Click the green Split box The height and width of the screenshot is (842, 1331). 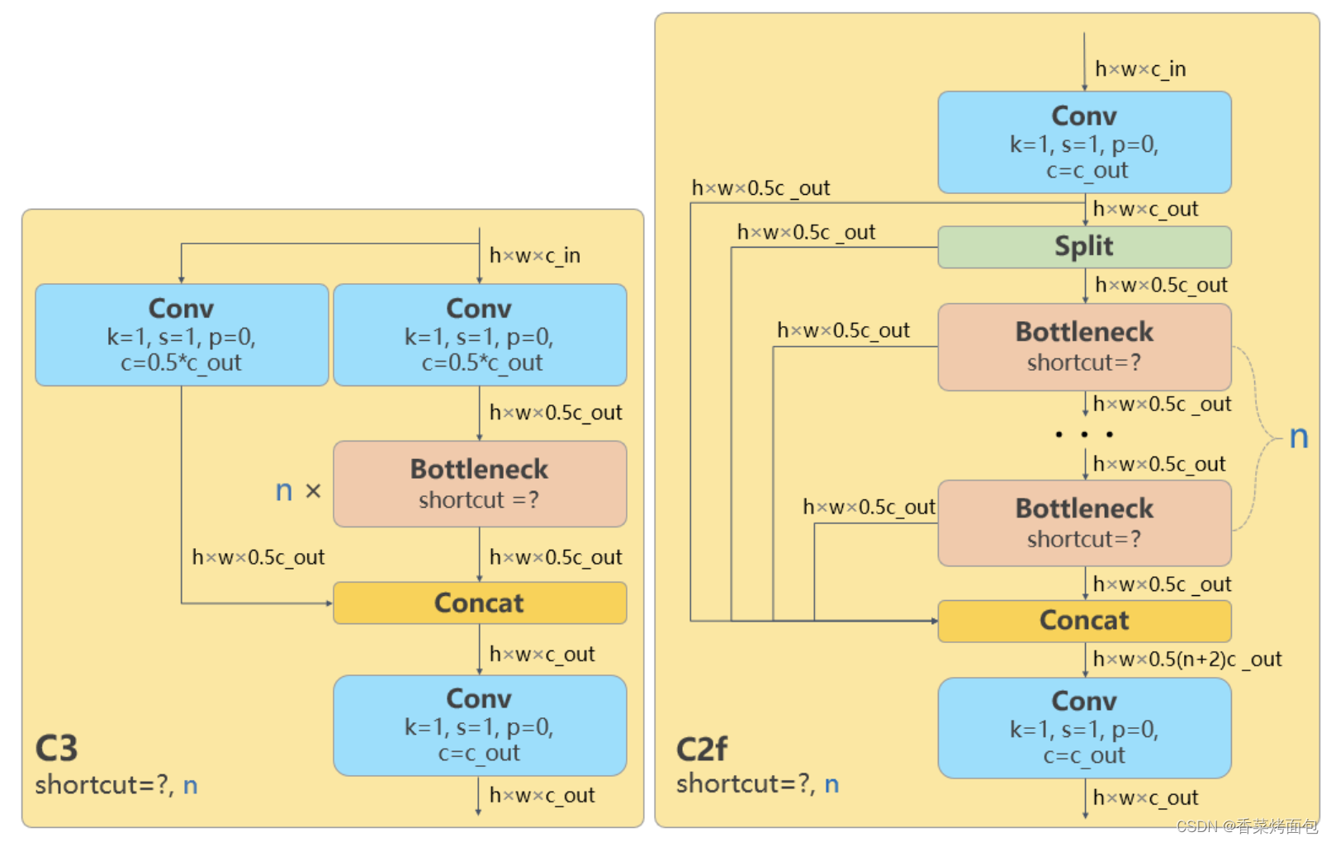[x=1084, y=247]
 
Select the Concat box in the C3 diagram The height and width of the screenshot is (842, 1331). [x=479, y=603]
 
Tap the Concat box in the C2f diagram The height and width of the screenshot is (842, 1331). [x=1084, y=621]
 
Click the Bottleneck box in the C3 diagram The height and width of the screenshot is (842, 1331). [x=479, y=484]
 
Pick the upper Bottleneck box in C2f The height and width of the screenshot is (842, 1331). [x=1084, y=347]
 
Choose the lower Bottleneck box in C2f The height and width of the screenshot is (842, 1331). [x=1084, y=523]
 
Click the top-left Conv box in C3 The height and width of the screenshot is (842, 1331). [x=182, y=334]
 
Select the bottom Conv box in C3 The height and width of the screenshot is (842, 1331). [x=479, y=726]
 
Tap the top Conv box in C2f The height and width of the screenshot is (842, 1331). [x=1084, y=142]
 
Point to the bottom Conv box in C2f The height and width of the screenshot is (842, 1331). [x=1084, y=728]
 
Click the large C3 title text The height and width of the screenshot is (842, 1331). [x=56, y=749]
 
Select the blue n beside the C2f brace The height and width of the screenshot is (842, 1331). [x=1299, y=437]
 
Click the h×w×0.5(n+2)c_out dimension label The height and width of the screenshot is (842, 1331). [x=1187, y=659]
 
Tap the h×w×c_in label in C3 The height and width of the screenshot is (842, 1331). [x=534, y=256]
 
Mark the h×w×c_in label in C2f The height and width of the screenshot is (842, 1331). [x=1140, y=69]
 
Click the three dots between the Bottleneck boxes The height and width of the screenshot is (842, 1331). [x=1084, y=434]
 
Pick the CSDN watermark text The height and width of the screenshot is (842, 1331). [x=1246, y=826]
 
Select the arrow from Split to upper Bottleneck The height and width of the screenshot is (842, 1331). [x=1085, y=286]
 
